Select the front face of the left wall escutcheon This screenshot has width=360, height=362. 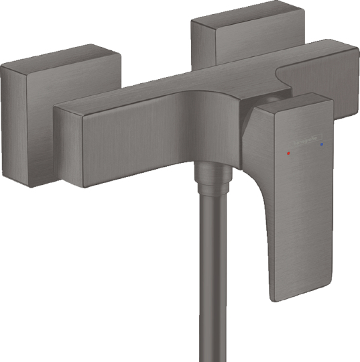point(27,121)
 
